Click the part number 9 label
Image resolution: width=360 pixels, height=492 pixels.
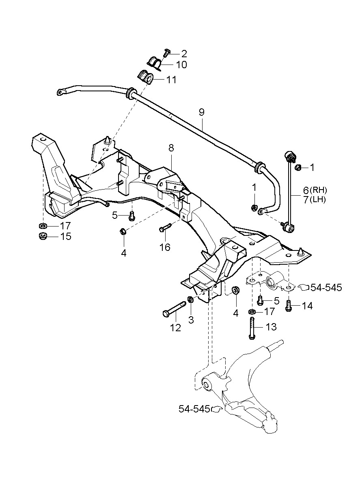(202, 112)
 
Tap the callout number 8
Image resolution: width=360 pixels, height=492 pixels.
(171, 148)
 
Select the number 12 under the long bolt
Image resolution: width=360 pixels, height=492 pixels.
(175, 327)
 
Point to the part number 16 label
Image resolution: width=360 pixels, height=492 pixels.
(165, 247)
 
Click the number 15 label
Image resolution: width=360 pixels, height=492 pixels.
(65, 236)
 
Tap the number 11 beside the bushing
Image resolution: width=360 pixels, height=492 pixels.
(171, 80)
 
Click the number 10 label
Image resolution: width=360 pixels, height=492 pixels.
(181, 65)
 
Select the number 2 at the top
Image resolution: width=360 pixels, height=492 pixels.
(184, 53)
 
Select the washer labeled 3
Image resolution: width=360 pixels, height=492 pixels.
(190, 300)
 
